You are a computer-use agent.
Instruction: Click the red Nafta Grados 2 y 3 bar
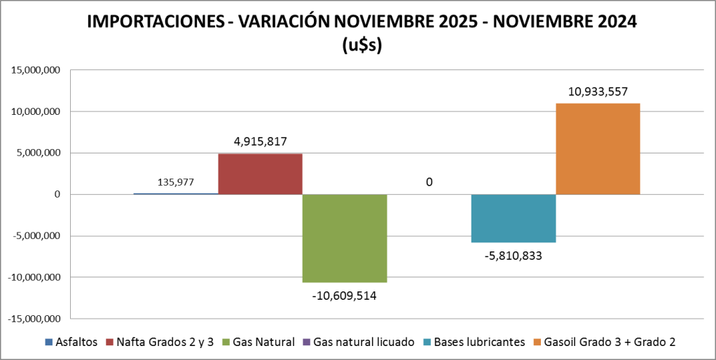pos(260,174)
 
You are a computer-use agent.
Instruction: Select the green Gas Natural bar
pos(345,238)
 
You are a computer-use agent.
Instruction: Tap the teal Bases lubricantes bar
pos(514,218)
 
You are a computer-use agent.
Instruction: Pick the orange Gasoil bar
pos(598,148)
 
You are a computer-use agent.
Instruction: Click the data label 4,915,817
pos(261,141)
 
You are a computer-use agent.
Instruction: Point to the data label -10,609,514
pos(345,296)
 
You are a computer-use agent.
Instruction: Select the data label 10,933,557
pos(598,91)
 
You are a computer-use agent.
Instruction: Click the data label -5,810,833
pos(513,256)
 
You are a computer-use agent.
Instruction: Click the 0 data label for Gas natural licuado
pos(429,182)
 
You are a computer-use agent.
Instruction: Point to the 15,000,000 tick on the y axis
pos(34,70)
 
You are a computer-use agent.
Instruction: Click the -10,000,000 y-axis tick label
pos(33,277)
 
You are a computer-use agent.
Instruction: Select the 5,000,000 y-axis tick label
pos(37,153)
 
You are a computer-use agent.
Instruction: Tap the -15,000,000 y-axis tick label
pos(33,319)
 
